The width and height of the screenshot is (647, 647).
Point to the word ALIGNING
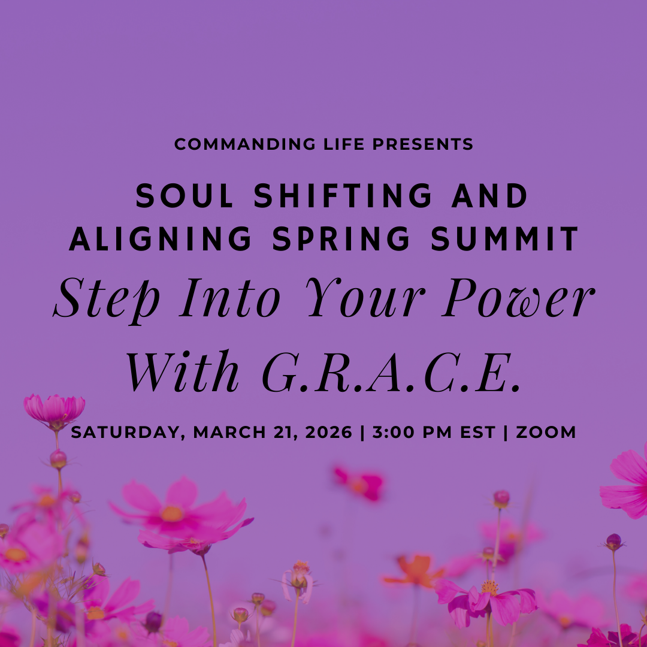point(161,239)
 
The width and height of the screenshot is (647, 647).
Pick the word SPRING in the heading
point(341,239)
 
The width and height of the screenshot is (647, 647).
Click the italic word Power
point(519,299)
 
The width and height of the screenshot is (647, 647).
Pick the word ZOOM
point(546,433)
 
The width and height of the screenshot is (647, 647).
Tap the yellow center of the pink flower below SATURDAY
point(171,513)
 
